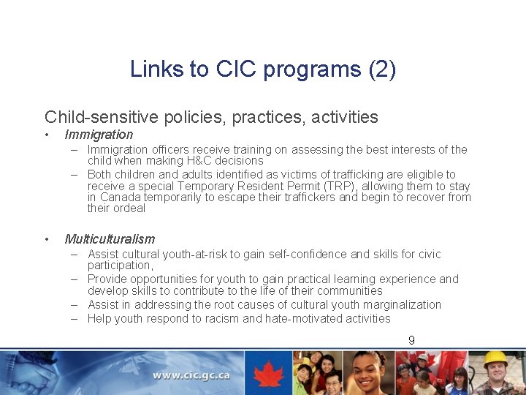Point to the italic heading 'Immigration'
pyautogui.click(x=99, y=135)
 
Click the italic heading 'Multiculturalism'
pyautogui.click(x=110, y=239)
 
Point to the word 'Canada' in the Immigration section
pyautogui.click(x=121, y=197)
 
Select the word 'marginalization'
pyautogui.click(x=398, y=304)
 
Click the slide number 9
pyautogui.click(x=412, y=340)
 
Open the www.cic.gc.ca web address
pyautogui.click(x=191, y=376)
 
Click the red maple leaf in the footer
pyautogui.click(x=268, y=373)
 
